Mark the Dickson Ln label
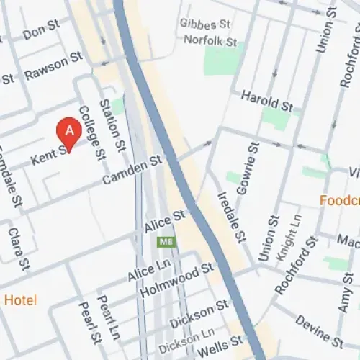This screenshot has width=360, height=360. click(186, 335)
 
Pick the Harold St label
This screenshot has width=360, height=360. click(266, 100)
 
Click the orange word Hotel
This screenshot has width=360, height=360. click(20, 300)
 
